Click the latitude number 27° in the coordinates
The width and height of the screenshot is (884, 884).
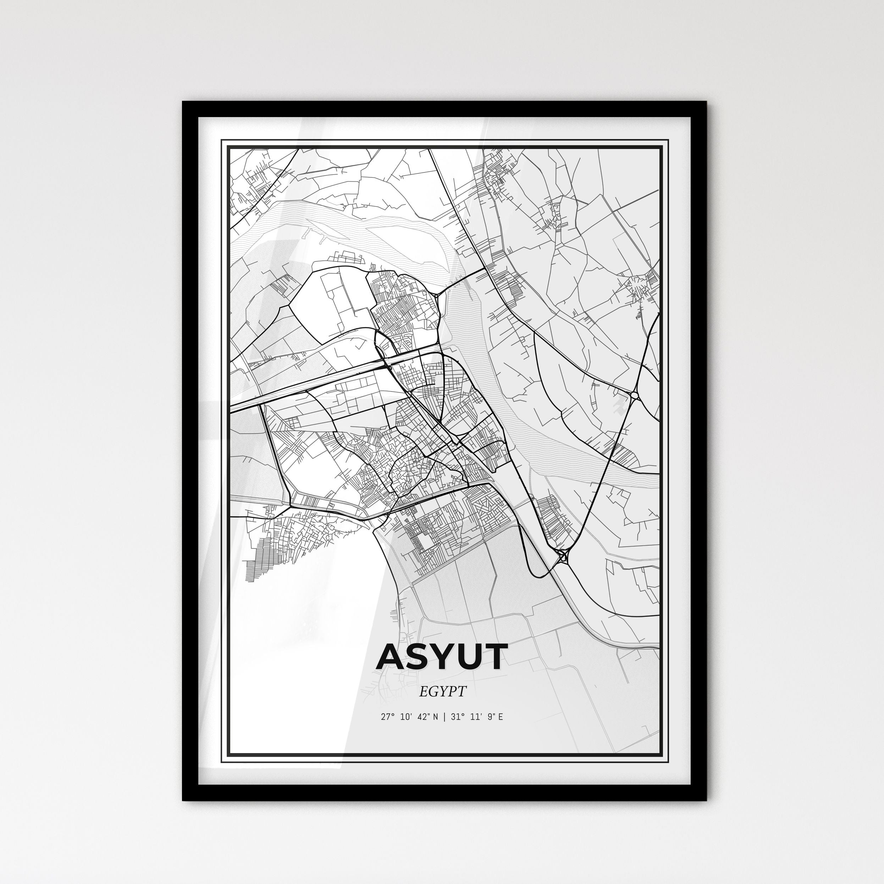point(387,717)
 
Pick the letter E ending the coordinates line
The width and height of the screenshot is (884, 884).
point(501,717)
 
